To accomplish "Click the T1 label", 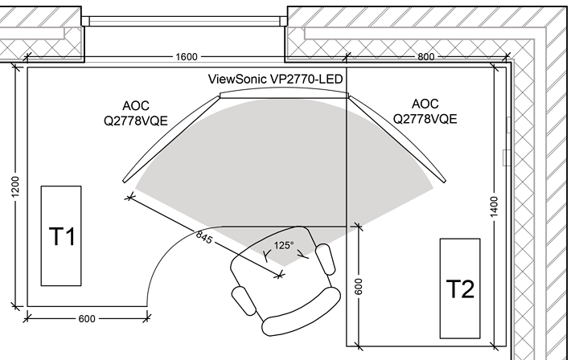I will coord(62,237).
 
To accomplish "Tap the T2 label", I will coord(459,288).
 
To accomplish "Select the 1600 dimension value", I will coord(186,57).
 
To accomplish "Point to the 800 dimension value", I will coord(426,57).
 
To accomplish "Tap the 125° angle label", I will coord(284,246).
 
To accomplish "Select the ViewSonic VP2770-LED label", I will coord(272,80).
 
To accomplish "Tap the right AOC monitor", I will coord(398,134).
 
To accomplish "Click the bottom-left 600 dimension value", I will coord(86,318).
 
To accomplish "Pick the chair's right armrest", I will coord(325,259).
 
